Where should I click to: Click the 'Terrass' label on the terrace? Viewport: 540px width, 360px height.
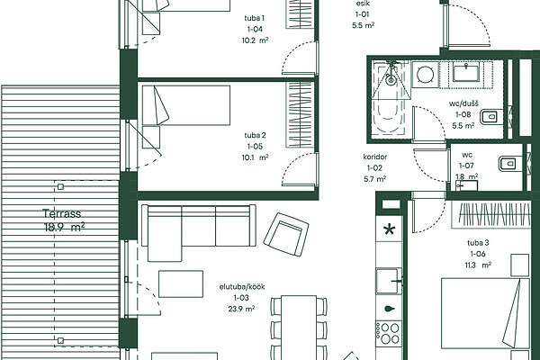pos(62,213)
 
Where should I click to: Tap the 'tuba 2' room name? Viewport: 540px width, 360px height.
pos(255,135)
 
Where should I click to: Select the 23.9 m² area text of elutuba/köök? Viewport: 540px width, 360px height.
pos(241,309)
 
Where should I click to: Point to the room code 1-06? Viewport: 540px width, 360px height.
pos(478,254)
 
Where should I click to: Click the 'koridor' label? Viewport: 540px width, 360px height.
pos(375,157)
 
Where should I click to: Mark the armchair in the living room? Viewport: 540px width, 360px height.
pos(286,234)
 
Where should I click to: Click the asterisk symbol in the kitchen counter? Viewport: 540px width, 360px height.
pos(389,229)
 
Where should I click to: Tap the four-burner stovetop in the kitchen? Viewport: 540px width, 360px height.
pos(389,334)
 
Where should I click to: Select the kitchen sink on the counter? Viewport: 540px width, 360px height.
pos(389,281)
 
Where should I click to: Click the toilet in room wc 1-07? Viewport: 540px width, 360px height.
pos(508,163)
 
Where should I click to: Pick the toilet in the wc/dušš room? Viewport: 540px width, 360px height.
pos(490,117)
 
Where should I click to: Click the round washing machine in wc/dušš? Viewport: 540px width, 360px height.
pos(425,75)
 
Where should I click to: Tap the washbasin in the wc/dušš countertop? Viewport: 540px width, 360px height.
pos(466,72)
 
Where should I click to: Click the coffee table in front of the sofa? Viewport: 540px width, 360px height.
pos(181,283)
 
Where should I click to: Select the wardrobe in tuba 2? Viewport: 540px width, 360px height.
pos(300,115)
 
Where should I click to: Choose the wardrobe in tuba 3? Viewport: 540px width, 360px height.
pos(491,214)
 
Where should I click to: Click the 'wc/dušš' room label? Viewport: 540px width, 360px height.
pos(463,103)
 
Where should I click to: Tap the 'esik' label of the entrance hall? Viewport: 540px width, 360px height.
pos(363,4)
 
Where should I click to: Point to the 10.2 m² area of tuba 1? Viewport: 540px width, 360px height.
pos(255,40)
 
